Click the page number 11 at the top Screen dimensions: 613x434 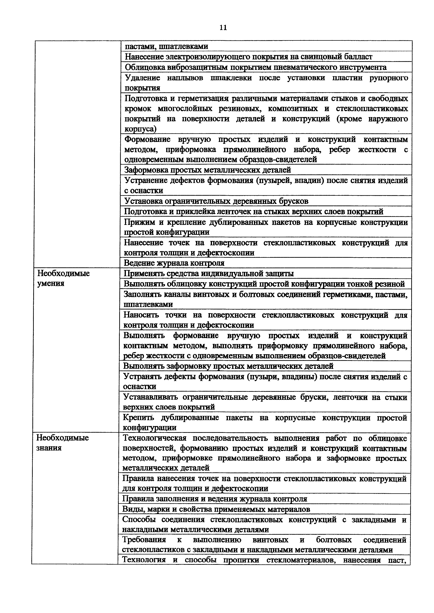[x=223, y=27]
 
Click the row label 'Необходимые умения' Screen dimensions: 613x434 [x=63, y=278]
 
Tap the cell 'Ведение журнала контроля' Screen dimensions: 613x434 [x=174, y=263]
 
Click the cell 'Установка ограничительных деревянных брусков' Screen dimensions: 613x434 [x=216, y=201]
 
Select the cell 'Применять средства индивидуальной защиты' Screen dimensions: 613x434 [x=209, y=273]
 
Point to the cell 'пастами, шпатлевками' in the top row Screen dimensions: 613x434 [x=166, y=46]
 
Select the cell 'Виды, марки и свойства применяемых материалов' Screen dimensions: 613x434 [x=216, y=509]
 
